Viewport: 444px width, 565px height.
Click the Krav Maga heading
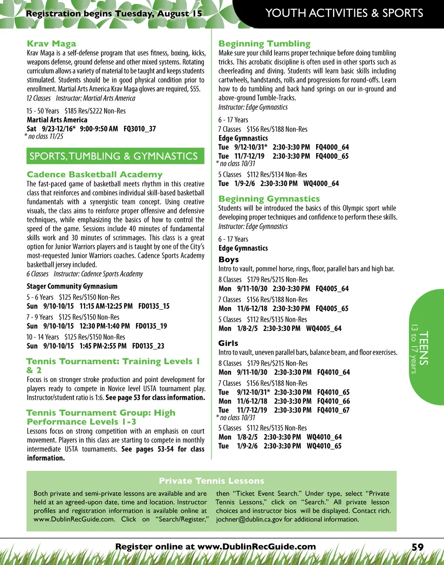pos(51,44)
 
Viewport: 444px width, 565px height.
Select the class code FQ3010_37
pos(140,129)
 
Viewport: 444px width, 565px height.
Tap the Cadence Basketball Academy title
pos(95,175)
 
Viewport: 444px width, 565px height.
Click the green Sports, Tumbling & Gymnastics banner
pos(114,156)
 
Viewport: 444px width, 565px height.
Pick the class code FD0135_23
pos(148,346)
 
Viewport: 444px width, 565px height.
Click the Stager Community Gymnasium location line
pos(72,286)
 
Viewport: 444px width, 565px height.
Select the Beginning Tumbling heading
pos(264,44)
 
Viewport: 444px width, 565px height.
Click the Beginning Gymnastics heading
pos(269,199)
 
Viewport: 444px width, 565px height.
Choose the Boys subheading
pos(229,260)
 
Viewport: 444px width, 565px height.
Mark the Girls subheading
pos(228,343)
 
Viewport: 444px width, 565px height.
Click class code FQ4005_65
pos(332,309)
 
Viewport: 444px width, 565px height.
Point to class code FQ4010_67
pos(333,410)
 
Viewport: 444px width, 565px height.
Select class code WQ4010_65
pos(324,446)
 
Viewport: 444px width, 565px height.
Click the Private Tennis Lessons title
pos(211,481)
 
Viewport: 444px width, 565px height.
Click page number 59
pos(417,547)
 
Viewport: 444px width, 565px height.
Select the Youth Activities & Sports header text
pos(344,13)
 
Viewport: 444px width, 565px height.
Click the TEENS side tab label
pos(423,348)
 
